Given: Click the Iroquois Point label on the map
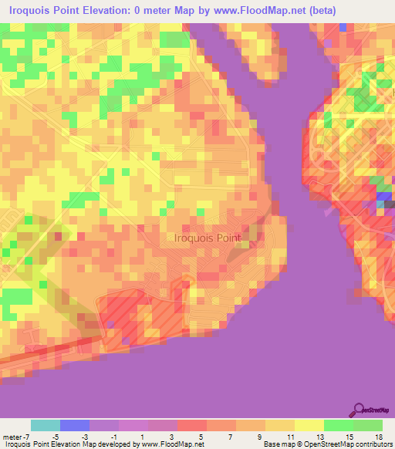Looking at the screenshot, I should click(208, 238).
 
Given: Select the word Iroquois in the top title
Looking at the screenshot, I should click(34, 11).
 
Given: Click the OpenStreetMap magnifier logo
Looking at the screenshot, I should click(358, 410).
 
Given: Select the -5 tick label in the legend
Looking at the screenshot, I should click(56, 437).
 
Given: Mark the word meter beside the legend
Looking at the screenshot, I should click(12, 437).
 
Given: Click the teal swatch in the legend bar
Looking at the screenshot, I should click(46, 425).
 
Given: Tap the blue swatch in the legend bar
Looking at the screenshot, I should click(75, 425).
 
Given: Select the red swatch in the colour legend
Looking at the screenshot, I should click(192, 425).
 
